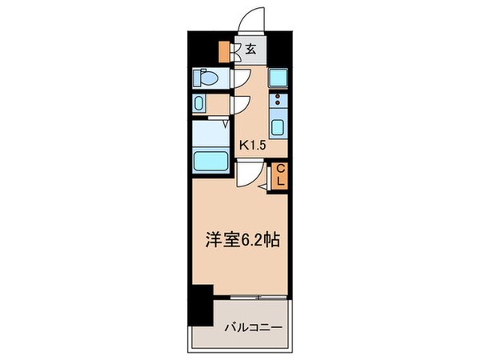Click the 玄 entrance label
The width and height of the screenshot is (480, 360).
pyautogui.click(x=250, y=50)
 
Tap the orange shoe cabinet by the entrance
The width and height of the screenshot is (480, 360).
pyautogui.click(x=226, y=50)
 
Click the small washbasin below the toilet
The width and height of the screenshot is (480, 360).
pyautogui.click(x=200, y=104)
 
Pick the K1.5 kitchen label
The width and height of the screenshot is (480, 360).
pyautogui.click(x=254, y=145)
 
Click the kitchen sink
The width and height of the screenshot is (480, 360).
pyautogui.click(x=278, y=127)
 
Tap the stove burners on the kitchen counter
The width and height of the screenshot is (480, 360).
pyautogui.click(x=278, y=102)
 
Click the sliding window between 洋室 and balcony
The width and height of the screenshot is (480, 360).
pyautogui.click(x=252, y=301)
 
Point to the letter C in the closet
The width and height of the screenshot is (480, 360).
pyautogui.click(x=282, y=169)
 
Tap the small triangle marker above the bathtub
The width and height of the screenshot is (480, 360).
pyautogui.click(x=226, y=124)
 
